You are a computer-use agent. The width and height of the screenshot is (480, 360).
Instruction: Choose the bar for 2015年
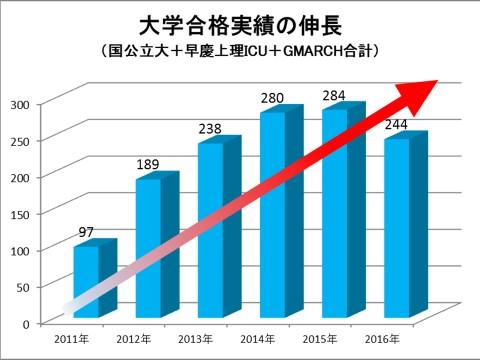[334, 214]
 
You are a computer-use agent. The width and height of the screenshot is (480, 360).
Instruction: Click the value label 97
[87, 233]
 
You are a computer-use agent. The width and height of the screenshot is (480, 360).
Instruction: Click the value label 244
[397, 125]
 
